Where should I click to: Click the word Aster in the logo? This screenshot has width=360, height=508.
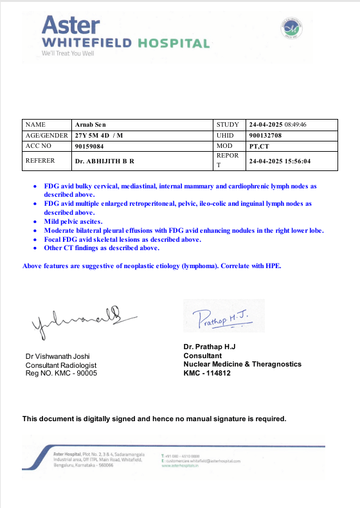coord(71,26)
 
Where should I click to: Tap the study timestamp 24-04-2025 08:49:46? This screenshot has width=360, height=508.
coord(278,125)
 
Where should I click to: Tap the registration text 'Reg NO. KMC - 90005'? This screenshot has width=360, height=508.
coord(61,373)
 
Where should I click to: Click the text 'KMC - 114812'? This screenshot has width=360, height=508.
coord(207,373)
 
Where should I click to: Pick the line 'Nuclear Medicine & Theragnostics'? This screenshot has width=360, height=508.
coord(242,364)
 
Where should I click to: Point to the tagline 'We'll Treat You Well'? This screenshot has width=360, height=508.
coord(68,53)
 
